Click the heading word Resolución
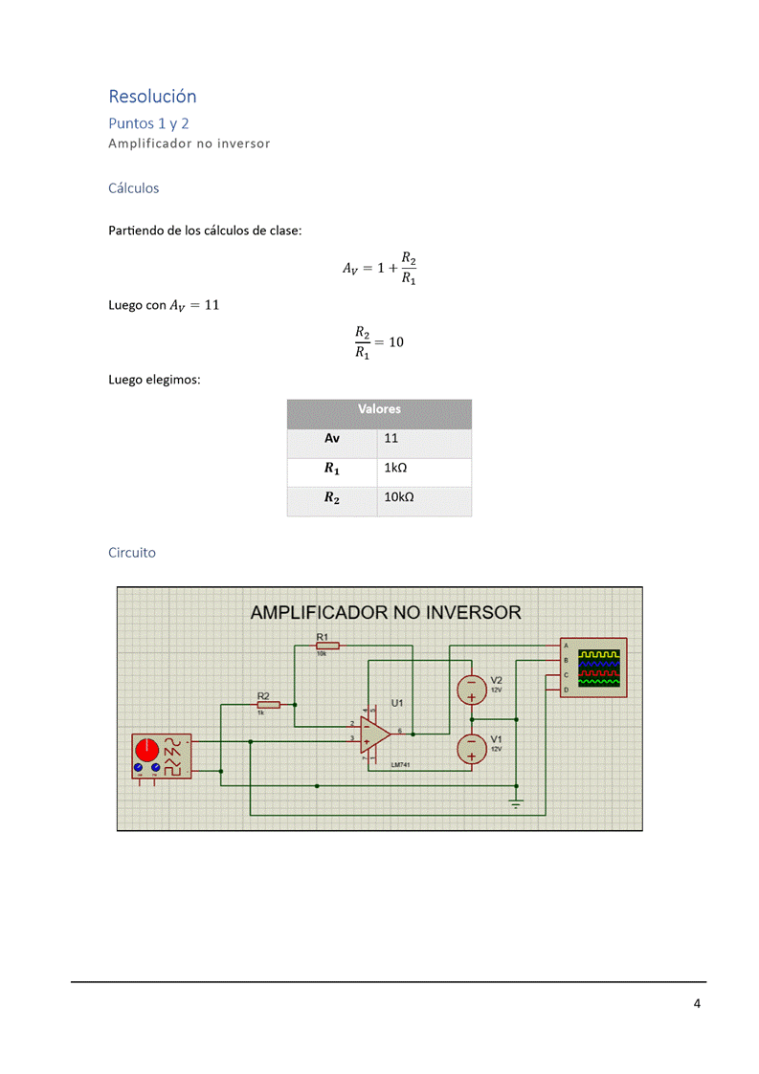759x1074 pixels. (152, 97)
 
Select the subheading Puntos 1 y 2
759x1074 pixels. (148, 123)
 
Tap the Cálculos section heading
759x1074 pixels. (134, 188)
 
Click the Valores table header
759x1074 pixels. (379, 409)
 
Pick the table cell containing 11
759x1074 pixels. (391, 438)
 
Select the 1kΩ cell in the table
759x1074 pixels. (396, 469)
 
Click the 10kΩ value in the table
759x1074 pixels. (399, 497)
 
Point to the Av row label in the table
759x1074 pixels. (332, 438)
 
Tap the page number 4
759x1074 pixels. (697, 1003)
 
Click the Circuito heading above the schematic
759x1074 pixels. (132, 553)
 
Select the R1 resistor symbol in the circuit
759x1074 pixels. (326, 646)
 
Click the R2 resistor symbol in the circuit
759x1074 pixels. (268, 705)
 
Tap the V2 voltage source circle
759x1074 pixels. (471, 689)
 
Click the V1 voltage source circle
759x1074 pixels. (471, 748)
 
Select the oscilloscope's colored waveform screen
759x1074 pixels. (598, 669)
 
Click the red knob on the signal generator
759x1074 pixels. (147, 749)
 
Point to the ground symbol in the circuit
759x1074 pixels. (516, 804)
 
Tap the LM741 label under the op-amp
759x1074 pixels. (401, 765)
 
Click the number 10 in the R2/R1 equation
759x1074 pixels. (396, 341)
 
